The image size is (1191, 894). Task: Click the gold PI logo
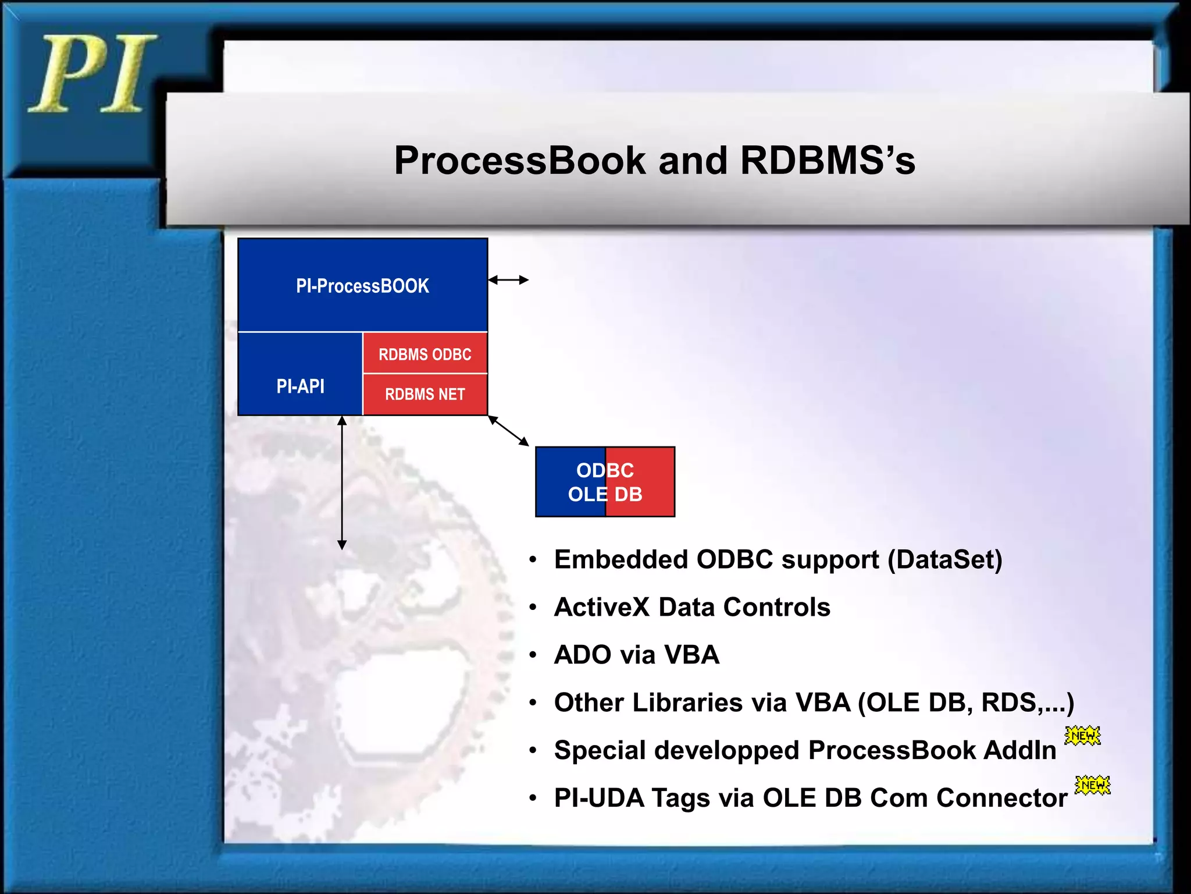tap(92, 74)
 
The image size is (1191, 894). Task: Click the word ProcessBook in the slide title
tap(520, 161)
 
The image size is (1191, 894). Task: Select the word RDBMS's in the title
tap(828, 161)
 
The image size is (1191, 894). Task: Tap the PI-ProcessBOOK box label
tap(362, 286)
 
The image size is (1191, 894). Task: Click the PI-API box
tap(300, 386)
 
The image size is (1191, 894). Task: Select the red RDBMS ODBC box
tap(425, 354)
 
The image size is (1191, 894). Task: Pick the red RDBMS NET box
tap(425, 394)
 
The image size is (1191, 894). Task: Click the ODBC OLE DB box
tap(605, 482)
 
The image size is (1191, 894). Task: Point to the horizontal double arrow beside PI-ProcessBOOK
tap(508, 280)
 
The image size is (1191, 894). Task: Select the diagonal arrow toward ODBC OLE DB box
tap(508, 431)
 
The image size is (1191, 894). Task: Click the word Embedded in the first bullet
tap(621, 559)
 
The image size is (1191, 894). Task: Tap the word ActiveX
tap(601, 607)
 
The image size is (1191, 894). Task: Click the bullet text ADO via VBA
tap(637, 655)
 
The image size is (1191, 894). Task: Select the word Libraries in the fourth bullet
tap(687, 703)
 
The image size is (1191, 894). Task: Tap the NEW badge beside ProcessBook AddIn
tap(1082, 736)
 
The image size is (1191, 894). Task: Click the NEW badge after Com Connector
tap(1092, 785)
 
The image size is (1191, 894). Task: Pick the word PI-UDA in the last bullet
tap(599, 798)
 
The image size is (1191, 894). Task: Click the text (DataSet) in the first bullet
tap(945, 559)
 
